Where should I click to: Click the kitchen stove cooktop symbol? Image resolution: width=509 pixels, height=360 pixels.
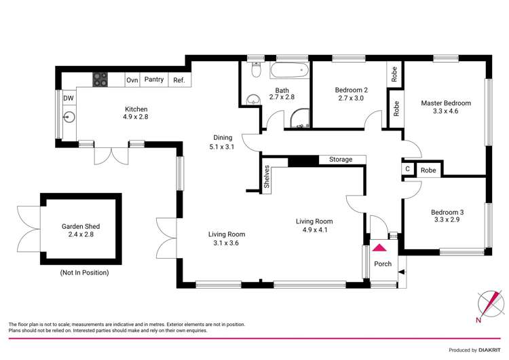[100, 79]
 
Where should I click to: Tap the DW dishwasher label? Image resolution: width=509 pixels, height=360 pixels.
[69, 98]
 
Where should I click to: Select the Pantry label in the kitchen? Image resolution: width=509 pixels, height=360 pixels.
[154, 79]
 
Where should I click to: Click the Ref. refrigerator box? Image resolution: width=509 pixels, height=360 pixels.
[179, 79]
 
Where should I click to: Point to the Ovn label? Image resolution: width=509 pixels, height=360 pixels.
[132, 79]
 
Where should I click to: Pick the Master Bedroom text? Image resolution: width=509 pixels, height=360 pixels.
[445, 103]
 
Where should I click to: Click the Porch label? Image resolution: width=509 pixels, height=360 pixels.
[383, 264]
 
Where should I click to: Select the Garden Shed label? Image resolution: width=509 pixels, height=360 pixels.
[81, 227]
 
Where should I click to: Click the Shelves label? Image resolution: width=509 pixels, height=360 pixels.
[267, 177]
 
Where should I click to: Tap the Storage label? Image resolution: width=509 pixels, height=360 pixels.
[341, 160]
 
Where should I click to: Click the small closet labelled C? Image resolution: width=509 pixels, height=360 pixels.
[407, 170]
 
